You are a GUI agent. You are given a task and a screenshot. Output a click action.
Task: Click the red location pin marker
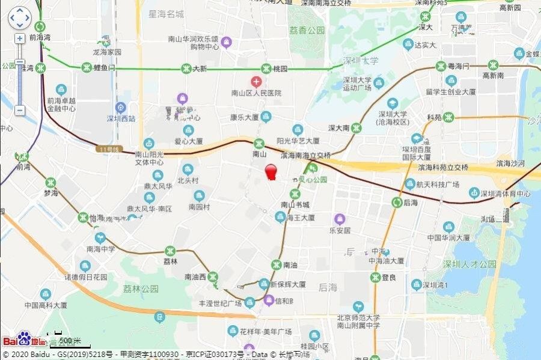(271, 171)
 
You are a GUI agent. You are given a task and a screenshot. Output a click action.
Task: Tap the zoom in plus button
(20, 38)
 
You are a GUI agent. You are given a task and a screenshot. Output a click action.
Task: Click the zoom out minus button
(20, 110)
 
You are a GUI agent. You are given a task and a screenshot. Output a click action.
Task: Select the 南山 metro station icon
(259, 144)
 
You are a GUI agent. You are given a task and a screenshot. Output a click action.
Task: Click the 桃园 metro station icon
(266, 69)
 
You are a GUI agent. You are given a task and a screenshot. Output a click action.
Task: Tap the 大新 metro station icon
(185, 69)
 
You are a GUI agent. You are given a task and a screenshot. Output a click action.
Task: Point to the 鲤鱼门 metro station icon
(86, 67)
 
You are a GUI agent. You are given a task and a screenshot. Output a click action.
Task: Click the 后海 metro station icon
(397, 203)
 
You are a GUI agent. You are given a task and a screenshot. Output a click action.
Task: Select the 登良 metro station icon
(375, 277)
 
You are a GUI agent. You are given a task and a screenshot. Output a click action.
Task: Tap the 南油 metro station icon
(276, 264)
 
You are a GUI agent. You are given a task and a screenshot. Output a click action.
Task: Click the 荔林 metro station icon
(171, 251)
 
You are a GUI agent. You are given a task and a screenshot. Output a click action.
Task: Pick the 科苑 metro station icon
(448, 117)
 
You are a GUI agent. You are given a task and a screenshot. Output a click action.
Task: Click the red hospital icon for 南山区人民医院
(256, 81)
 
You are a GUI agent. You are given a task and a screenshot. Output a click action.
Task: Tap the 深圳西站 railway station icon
(121, 108)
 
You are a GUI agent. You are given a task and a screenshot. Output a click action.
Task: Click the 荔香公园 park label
(307, 30)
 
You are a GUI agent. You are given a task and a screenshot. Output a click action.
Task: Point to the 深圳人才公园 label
(470, 264)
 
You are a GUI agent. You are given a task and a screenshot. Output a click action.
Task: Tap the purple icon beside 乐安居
(340, 218)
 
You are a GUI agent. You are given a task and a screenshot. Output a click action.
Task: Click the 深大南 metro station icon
(356, 127)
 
